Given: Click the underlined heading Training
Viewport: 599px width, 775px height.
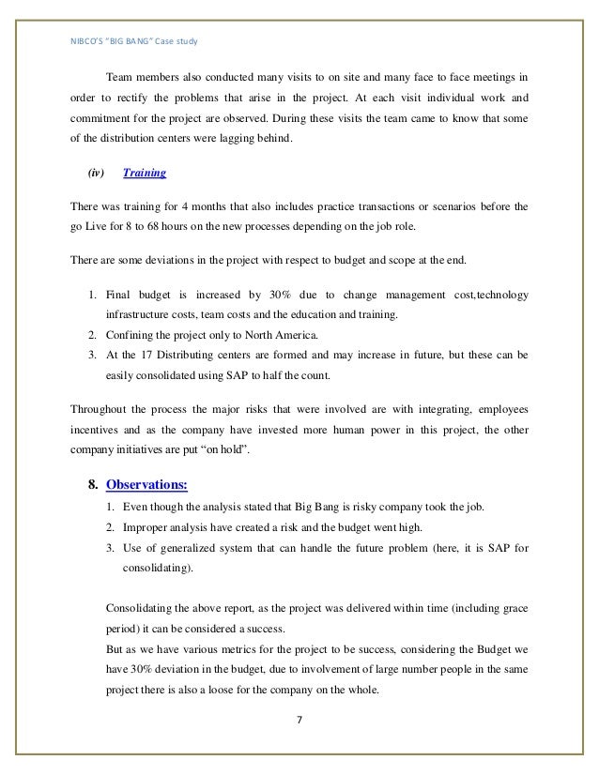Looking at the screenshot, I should click(146, 174).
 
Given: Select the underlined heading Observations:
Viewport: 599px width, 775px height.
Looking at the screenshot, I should click(146, 484).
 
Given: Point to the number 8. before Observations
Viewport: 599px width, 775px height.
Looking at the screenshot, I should click(93, 484).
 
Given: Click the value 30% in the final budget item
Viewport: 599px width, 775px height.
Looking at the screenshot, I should click(265, 295).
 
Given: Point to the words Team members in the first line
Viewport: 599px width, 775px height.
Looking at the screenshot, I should click(142, 76).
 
